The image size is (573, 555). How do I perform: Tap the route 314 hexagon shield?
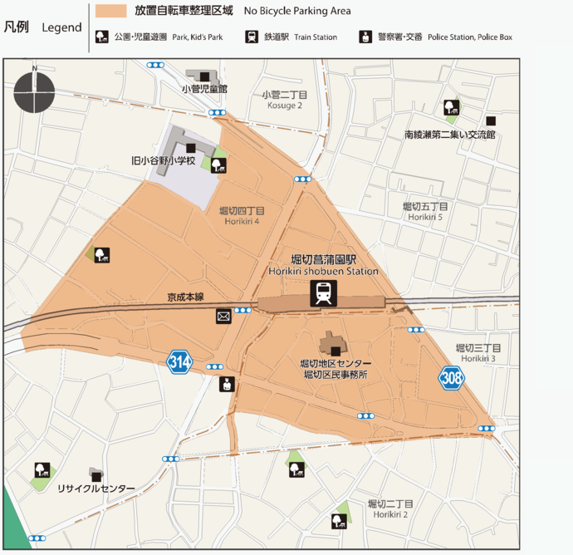(x=179, y=361)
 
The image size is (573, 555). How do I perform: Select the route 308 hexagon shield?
(x=452, y=378)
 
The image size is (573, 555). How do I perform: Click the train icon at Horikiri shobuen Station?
(x=323, y=293)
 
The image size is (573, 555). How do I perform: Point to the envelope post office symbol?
(x=223, y=316)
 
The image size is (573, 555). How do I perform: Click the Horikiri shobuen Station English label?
(x=323, y=271)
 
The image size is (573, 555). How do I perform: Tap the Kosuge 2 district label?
(x=285, y=106)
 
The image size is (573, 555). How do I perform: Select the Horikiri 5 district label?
(x=425, y=217)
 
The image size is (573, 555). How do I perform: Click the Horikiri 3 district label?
(x=478, y=358)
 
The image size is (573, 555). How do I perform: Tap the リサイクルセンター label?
(x=96, y=489)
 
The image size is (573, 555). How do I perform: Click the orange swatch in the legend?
(x=110, y=12)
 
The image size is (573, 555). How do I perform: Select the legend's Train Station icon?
(x=250, y=37)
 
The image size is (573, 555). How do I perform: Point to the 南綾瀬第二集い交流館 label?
(x=450, y=134)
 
